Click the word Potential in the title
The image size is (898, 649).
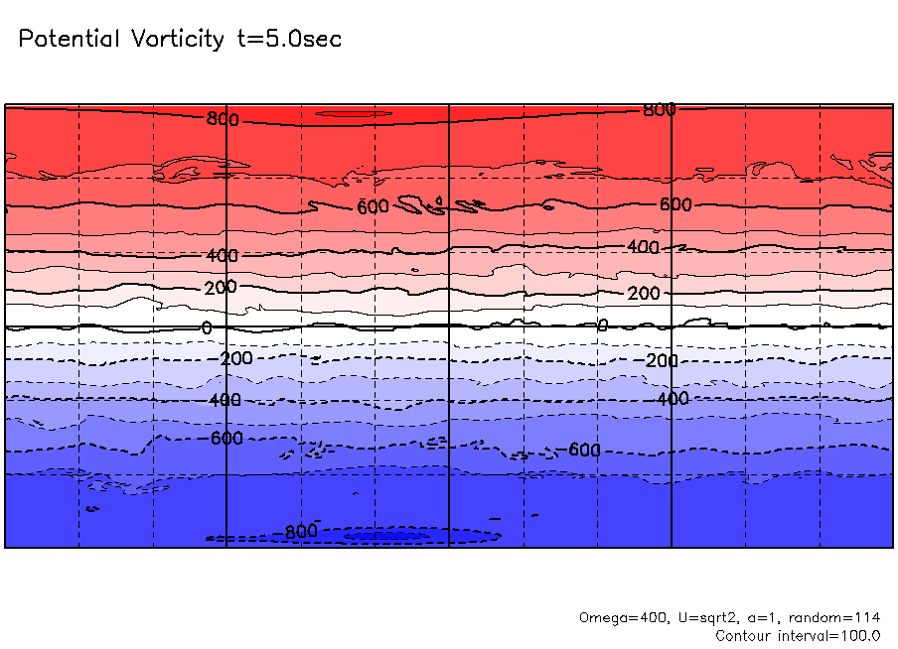(69, 40)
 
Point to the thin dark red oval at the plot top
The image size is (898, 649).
(354, 114)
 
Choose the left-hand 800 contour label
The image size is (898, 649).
(223, 120)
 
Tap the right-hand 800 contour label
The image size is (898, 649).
(659, 110)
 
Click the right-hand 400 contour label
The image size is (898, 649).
(643, 246)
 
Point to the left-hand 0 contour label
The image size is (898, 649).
(207, 327)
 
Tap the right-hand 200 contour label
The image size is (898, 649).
(643, 294)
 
